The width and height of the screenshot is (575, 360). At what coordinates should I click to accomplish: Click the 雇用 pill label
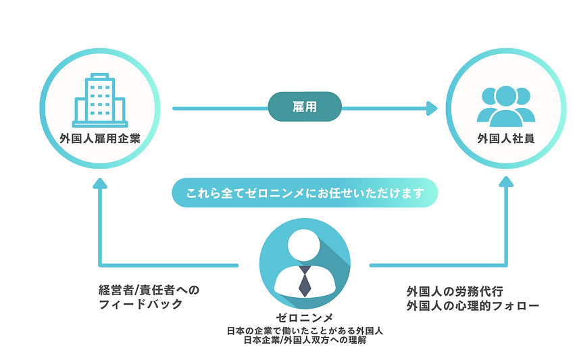point(305,107)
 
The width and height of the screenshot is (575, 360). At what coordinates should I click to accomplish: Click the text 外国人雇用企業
point(99,139)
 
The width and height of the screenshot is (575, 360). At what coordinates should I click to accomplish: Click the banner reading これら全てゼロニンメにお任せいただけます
point(305,192)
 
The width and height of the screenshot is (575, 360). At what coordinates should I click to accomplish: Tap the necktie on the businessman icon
point(305,280)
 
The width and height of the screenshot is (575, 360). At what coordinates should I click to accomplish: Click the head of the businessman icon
point(305,244)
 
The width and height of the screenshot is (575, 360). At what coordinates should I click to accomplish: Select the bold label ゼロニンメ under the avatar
point(305,317)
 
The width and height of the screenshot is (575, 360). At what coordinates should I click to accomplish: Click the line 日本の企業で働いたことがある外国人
point(305,330)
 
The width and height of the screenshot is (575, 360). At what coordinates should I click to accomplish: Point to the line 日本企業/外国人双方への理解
point(305,340)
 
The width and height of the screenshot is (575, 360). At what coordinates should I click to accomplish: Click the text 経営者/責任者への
point(149,290)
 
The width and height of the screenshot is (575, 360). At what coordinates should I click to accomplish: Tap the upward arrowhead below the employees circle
point(505,182)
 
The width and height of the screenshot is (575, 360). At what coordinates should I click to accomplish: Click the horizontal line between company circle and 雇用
point(220,107)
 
